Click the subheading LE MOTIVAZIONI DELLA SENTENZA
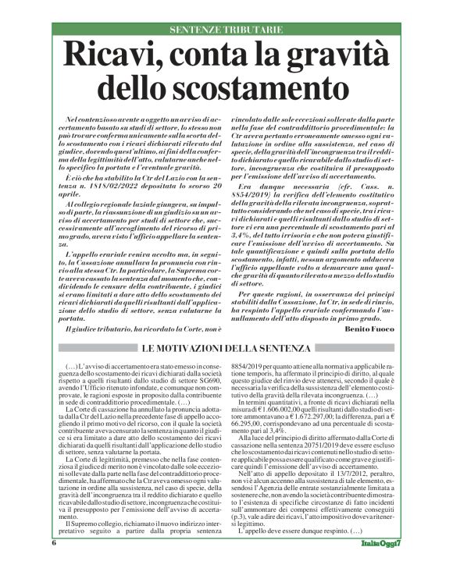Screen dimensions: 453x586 coord(226,348)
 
